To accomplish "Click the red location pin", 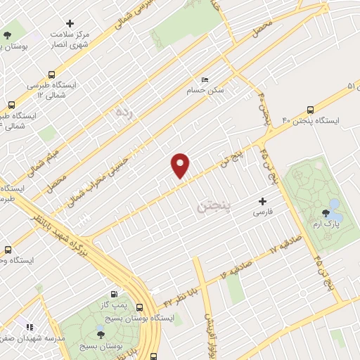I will pyautogui.click(x=181, y=165).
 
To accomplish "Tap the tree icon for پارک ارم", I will pyautogui.click(x=325, y=212).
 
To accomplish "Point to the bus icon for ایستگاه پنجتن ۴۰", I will pyautogui.click(x=311, y=110).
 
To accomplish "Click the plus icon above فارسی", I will pyautogui.click(x=263, y=201).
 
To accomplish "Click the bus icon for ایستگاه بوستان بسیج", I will pyautogui.click(x=139, y=307).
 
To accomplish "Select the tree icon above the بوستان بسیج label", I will pyautogui.click(x=101, y=335).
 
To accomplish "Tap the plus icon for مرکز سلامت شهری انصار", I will pyautogui.click(x=69, y=23).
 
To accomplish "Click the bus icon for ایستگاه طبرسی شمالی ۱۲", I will pyautogui.click(x=51, y=75).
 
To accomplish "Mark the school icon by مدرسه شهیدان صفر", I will pyautogui.click(x=29, y=327).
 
